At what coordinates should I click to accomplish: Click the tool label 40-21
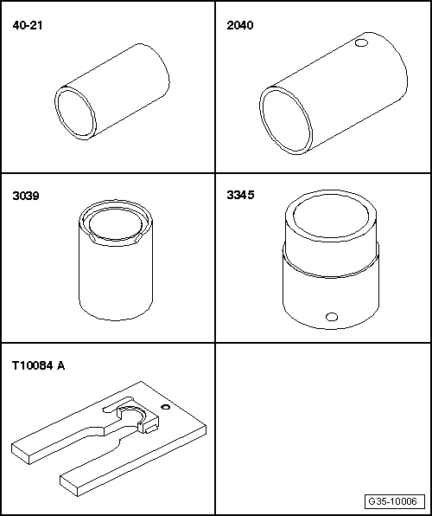[28, 26]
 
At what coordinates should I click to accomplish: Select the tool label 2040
[240, 26]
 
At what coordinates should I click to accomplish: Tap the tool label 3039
[26, 196]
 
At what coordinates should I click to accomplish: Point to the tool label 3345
[240, 195]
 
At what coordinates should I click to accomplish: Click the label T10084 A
[38, 365]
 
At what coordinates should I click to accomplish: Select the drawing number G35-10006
[392, 501]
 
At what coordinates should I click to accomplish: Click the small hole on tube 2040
[361, 42]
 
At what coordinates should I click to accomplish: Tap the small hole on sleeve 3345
[332, 317]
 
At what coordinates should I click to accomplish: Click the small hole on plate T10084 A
[166, 407]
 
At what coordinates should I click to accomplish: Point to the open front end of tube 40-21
[75, 113]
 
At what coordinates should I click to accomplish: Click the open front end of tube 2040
[286, 120]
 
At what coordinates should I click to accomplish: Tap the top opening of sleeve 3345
[331, 216]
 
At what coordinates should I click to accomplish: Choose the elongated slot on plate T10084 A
[118, 403]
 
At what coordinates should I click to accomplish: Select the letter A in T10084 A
[60, 365]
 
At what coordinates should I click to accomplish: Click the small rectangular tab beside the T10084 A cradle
[152, 429]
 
